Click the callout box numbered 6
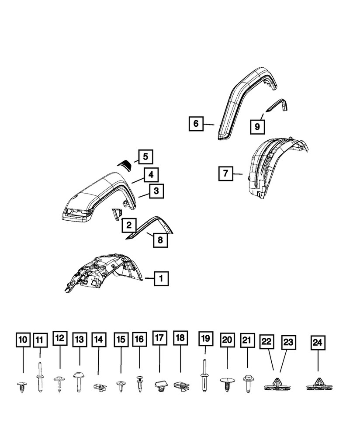pyautogui.click(x=196, y=124)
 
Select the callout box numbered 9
pyautogui.click(x=257, y=126)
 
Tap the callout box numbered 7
pyautogui.click(x=225, y=173)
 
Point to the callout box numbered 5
pyautogui.click(x=145, y=156)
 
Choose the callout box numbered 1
pyautogui.click(x=161, y=277)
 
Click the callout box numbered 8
pyautogui.click(x=160, y=239)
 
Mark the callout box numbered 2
pyautogui.click(x=129, y=225)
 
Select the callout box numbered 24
pyautogui.click(x=318, y=344)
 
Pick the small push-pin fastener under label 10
pyautogui.click(x=22, y=386)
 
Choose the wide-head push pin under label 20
pyautogui.click(x=227, y=383)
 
